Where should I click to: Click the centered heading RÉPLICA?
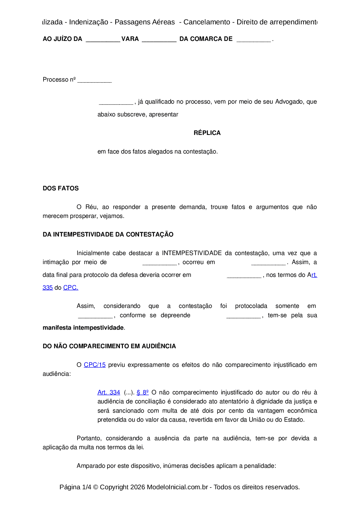pyautogui.click(x=207, y=133)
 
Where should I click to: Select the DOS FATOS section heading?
pyautogui.click(x=61, y=188)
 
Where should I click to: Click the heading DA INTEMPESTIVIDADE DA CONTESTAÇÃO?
pyautogui.click(x=108, y=234)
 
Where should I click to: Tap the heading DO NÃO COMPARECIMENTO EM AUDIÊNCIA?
pyautogui.click(x=109, y=346)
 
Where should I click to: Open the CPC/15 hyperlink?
pyautogui.click(x=95, y=365)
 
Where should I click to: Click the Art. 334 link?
pyautogui.click(x=109, y=392)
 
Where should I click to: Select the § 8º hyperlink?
pyautogui.click(x=143, y=392)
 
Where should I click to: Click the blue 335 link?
pyautogui.click(x=48, y=288)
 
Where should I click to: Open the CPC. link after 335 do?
pyautogui.click(x=71, y=288)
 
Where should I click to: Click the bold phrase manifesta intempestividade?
pyautogui.click(x=83, y=328)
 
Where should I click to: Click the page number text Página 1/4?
pyautogui.click(x=75, y=487)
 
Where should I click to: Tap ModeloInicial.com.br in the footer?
pyautogui.click(x=177, y=487)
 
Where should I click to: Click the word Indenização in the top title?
pyautogui.click(x=89, y=22)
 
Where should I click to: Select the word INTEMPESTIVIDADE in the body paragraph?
pyautogui.click(x=192, y=253)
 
